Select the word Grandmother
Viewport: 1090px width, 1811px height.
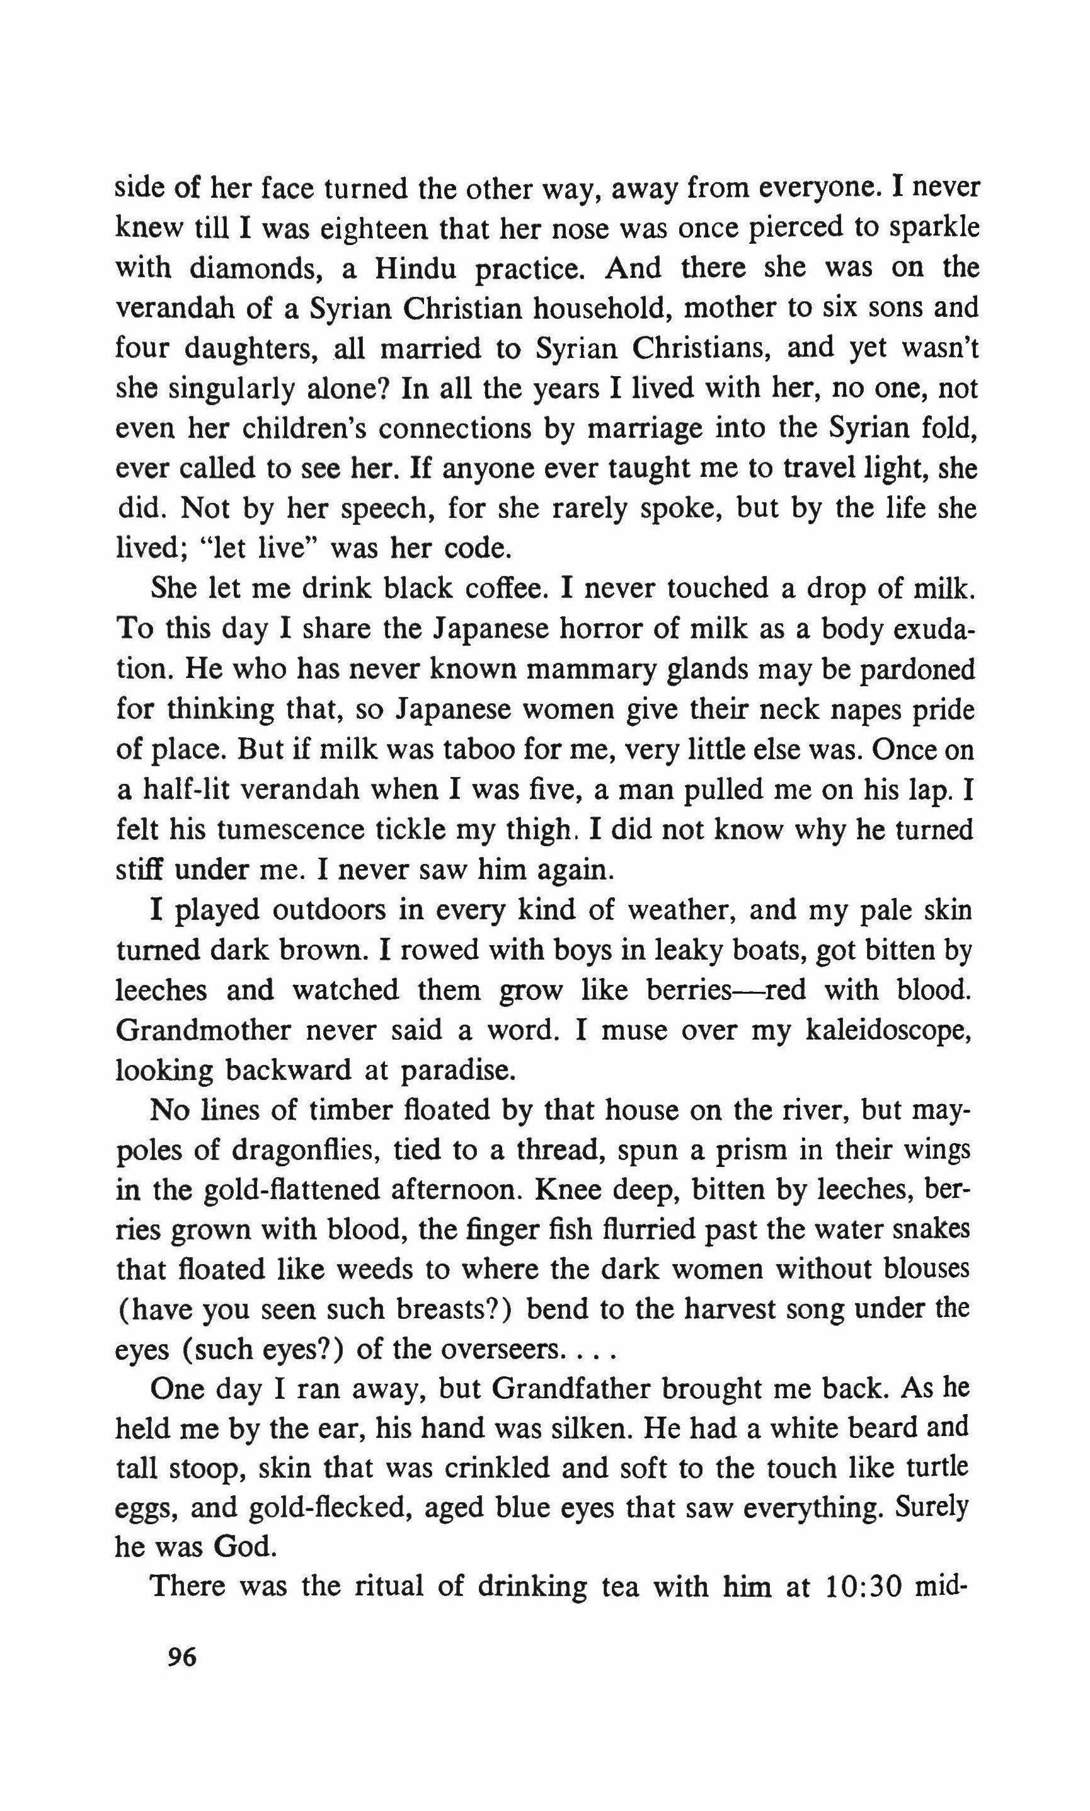[x=203, y=1031]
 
